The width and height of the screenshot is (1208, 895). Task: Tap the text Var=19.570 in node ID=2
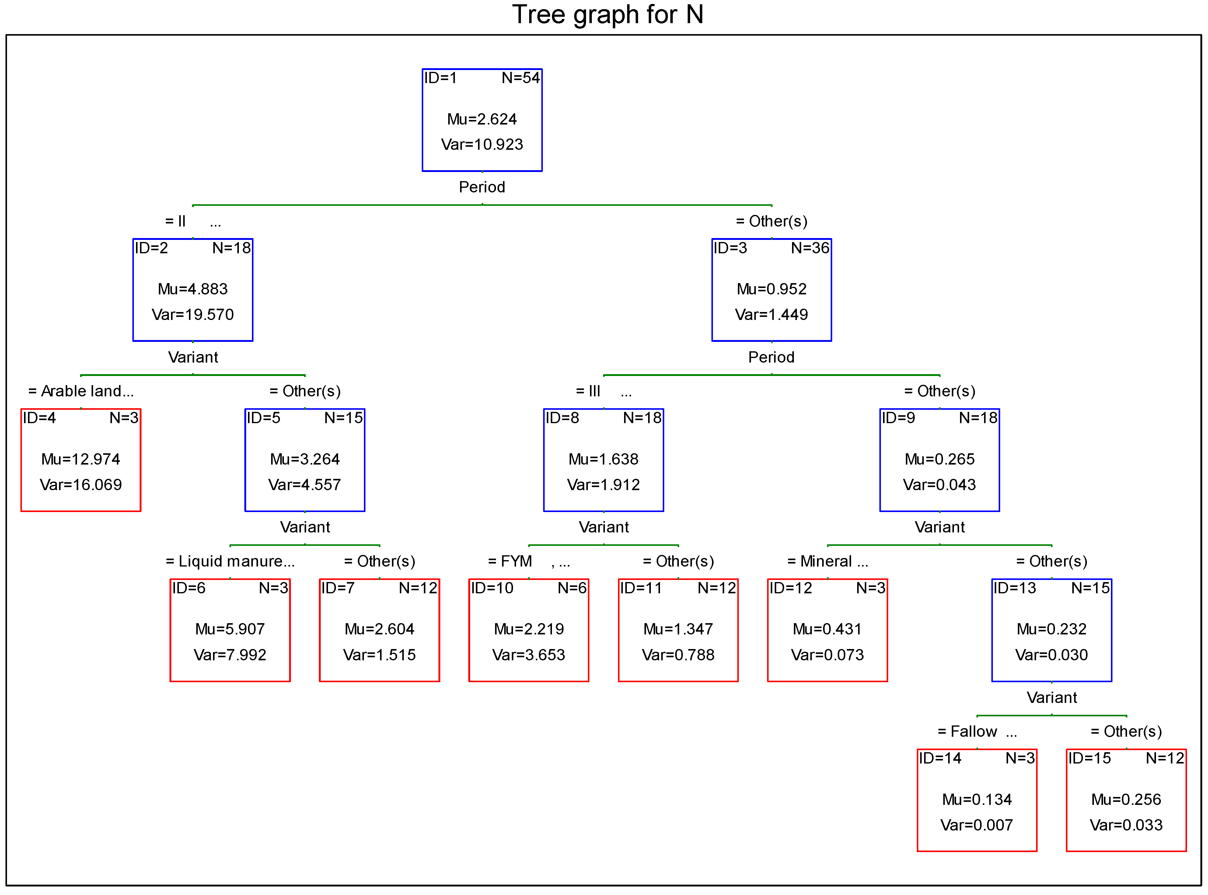click(x=192, y=315)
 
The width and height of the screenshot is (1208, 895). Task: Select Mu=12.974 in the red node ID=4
click(x=81, y=459)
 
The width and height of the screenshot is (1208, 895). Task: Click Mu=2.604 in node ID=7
click(x=379, y=629)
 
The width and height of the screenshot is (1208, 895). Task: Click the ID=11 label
click(x=641, y=588)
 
